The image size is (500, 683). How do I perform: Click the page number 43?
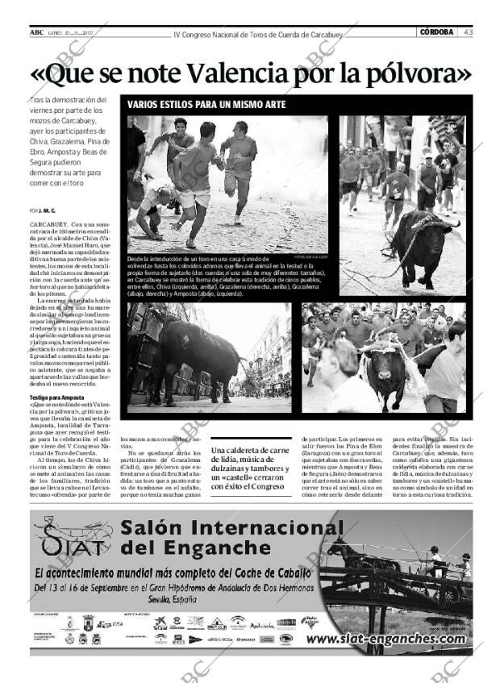(x=468, y=32)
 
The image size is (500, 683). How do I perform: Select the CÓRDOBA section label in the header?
(x=437, y=32)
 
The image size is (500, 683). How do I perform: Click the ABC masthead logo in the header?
(x=37, y=32)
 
